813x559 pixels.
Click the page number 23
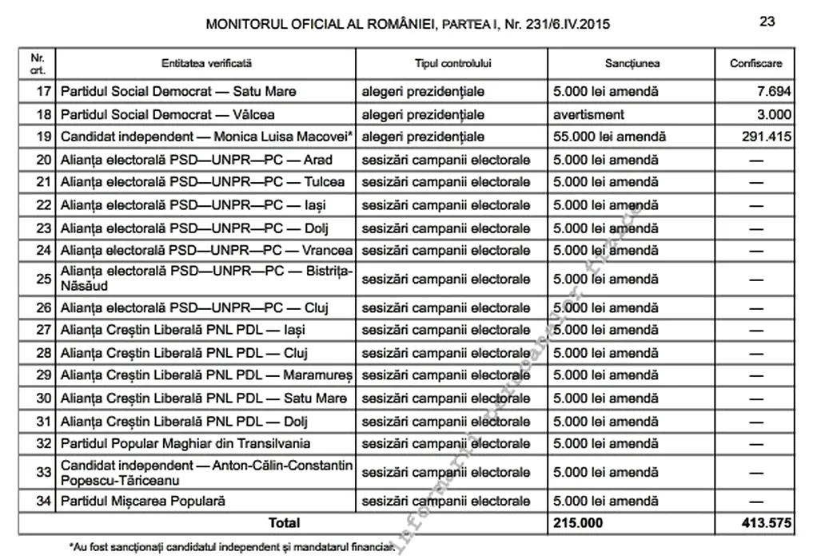[767, 22]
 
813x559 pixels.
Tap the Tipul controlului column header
[452, 63]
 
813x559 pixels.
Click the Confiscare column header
[755, 63]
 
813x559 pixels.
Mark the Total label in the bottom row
[285, 523]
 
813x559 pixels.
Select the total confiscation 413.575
[766, 523]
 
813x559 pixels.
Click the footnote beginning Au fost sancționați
[232, 547]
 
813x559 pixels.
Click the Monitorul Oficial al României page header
[408, 24]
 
